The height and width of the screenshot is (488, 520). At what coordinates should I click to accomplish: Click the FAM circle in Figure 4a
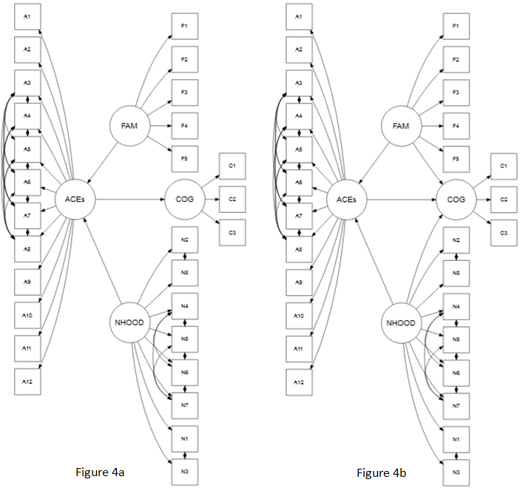[129, 126]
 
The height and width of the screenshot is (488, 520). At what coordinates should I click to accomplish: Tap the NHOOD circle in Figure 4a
[129, 322]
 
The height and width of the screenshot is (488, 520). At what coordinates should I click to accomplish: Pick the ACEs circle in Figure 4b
[346, 200]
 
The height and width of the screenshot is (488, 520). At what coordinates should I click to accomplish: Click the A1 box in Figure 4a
[27, 16]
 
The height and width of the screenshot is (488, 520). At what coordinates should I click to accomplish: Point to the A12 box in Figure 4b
[299, 381]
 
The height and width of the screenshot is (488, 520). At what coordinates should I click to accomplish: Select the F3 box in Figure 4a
[184, 92]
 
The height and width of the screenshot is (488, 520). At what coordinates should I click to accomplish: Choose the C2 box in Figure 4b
[504, 200]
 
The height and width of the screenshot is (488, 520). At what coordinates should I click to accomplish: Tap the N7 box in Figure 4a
[185, 406]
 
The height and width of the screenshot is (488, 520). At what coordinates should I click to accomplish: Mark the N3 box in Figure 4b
[456, 472]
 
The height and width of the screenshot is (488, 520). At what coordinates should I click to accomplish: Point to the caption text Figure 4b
[382, 472]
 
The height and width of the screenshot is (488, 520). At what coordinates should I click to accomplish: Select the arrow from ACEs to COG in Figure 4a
[130, 200]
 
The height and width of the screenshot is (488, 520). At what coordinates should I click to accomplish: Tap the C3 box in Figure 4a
[232, 233]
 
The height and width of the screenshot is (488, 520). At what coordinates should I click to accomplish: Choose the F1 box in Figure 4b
[456, 27]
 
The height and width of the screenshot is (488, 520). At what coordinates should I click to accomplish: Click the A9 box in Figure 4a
[27, 282]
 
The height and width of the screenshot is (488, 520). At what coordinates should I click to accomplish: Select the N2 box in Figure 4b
[456, 240]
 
